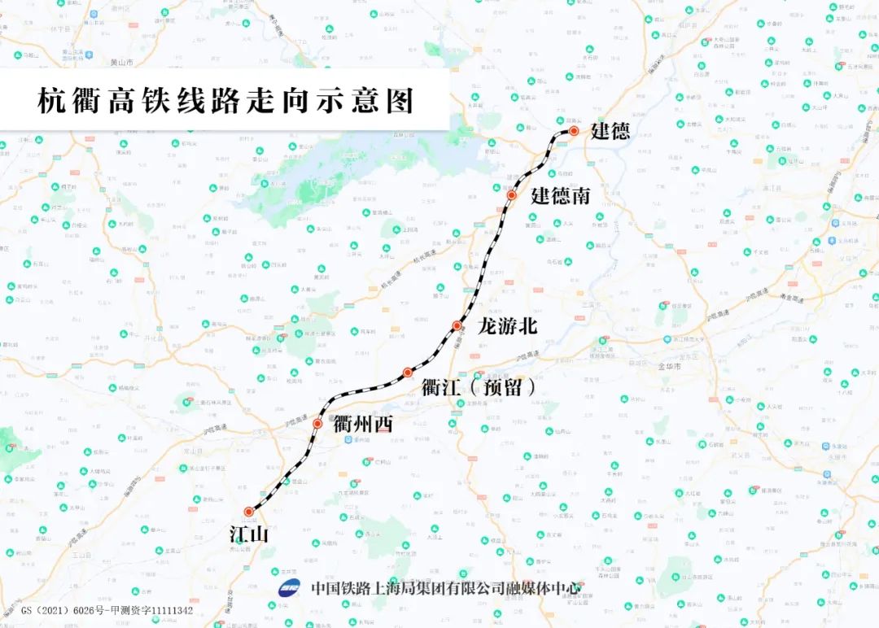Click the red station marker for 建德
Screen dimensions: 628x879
[x=574, y=130]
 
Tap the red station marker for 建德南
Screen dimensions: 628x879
[x=512, y=195]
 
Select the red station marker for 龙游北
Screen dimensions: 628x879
[x=457, y=325]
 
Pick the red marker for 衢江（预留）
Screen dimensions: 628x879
[x=408, y=373]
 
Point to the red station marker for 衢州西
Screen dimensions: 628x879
[x=317, y=424]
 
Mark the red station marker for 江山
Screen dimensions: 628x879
[x=248, y=512]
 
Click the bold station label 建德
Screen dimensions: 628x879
[x=610, y=131]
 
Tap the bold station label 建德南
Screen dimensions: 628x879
[x=560, y=196]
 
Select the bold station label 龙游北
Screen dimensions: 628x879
[x=508, y=326]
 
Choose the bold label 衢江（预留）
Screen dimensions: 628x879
[x=479, y=387]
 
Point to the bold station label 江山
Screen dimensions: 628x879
[x=248, y=534]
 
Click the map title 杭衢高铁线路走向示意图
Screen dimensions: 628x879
[x=226, y=101]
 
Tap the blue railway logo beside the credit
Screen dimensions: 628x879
[x=290, y=589]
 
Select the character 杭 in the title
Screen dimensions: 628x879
[x=52, y=101]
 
